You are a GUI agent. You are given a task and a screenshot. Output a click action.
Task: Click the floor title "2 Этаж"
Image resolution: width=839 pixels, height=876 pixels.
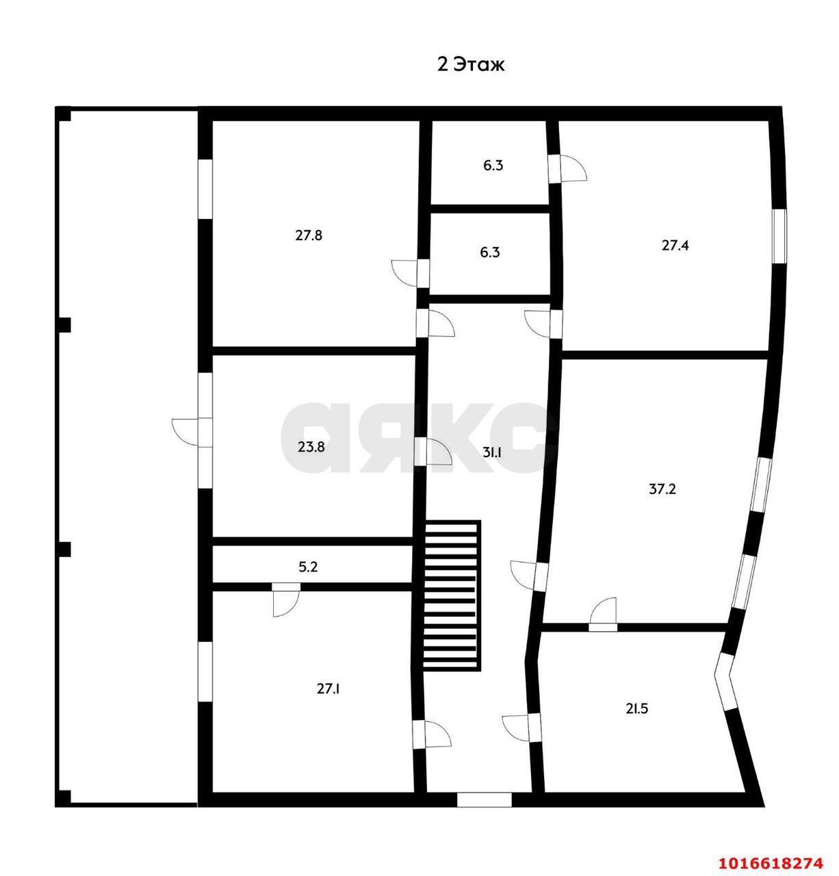471,65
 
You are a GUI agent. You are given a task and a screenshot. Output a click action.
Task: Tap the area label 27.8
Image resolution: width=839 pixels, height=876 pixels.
309,235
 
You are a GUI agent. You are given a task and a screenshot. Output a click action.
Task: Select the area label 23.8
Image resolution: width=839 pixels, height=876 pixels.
311,447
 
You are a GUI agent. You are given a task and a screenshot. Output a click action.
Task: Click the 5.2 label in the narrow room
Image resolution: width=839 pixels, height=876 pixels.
308,567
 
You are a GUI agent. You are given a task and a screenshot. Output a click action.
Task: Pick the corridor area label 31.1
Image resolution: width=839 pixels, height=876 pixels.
492,452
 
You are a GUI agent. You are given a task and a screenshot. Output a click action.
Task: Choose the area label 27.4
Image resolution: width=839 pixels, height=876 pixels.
675,245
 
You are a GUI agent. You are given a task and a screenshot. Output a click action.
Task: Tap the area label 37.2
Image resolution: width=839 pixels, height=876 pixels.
662,489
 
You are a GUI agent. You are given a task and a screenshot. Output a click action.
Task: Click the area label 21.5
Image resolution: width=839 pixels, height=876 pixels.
636,709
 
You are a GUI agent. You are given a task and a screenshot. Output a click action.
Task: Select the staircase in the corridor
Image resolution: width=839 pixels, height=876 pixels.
451,596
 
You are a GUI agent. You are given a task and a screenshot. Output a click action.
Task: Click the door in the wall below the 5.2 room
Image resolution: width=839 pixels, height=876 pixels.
286,600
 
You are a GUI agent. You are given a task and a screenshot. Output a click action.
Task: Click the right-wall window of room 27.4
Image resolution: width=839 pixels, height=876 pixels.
779,236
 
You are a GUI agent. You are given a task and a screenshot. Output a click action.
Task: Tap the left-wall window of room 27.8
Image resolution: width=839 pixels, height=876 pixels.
205,189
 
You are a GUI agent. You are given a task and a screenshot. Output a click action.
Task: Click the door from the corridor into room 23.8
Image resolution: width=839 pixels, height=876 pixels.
433,452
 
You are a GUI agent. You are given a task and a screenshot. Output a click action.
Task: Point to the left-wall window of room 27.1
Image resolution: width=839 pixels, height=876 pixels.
205,671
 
